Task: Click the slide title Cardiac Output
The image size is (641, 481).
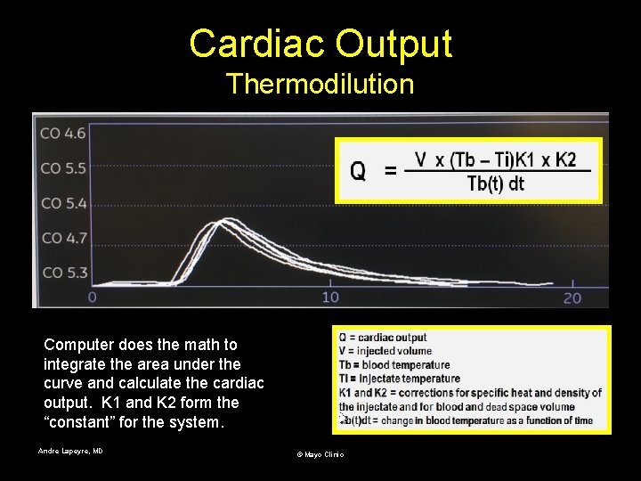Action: tap(320, 43)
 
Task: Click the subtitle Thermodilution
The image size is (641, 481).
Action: tap(320, 84)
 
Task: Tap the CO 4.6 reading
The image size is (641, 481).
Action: tap(63, 133)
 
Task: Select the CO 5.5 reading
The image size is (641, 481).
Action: tap(63, 167)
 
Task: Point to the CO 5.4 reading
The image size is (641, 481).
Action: tap(63, 203)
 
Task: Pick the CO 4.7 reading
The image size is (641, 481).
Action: tap(63, 238)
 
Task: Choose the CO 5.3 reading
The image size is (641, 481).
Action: tap(63, 273)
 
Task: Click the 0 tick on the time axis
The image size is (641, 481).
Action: tap(93, 297)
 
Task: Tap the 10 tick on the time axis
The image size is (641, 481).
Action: tap(330, 297)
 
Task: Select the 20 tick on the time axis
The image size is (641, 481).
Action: tap(572, 297)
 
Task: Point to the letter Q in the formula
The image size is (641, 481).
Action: tap(357, 171)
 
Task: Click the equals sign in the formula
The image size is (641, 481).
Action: tap(390, 171)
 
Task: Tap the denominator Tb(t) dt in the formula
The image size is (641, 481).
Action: tap(496, 184)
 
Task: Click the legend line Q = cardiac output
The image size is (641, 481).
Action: tap(383, 338)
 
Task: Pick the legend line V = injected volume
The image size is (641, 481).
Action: tap(385, 351)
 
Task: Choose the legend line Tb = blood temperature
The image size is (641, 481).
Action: tap(394, 364)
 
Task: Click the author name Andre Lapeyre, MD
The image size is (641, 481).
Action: tap(70, 451)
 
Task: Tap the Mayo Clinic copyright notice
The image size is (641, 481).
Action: tap(320, 454)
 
